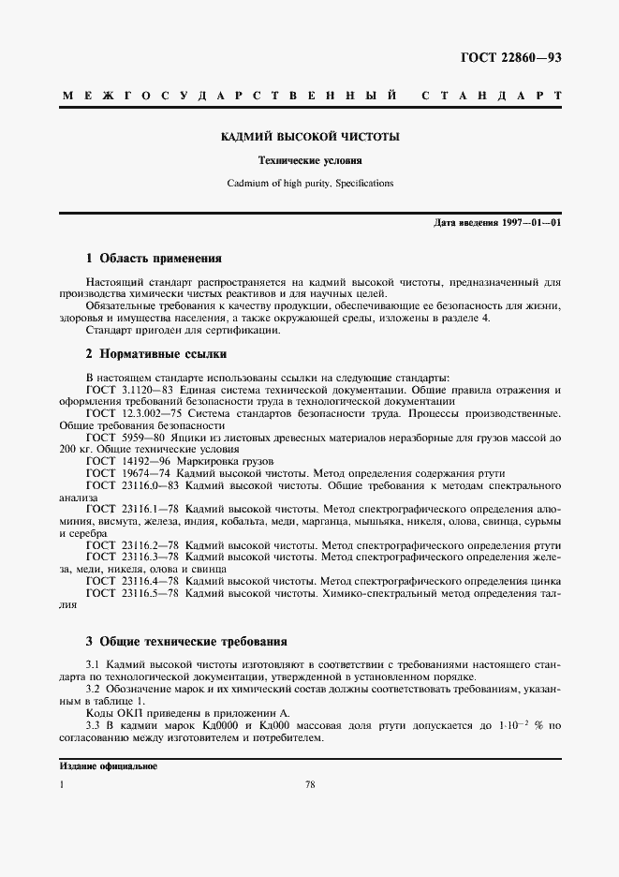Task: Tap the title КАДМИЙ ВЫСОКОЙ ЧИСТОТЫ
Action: click(309, 137)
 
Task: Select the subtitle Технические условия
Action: click(309, 160)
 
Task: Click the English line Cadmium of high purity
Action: click(309, 184)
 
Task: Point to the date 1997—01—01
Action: click(531, 222)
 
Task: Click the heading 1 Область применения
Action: click(154, 257)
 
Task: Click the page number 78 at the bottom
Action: click(309, 784)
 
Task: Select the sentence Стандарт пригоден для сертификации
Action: click(182, 330)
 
